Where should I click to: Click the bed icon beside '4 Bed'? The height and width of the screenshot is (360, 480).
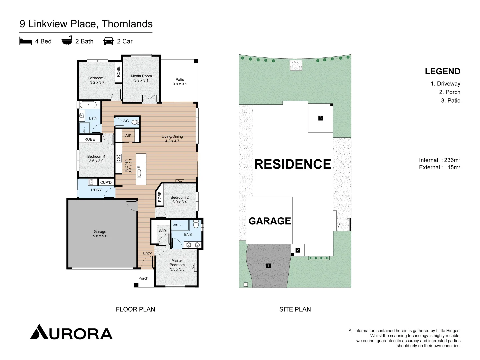coord(26,41)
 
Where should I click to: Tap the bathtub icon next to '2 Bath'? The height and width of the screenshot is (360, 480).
coord(67,41)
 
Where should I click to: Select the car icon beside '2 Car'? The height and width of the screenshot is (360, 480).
coord(109,41)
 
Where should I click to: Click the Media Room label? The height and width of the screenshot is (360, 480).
coord(141,76)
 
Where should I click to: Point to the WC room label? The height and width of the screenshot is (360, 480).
coord(126,121)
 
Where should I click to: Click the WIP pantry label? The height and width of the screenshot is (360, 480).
coord(128,136)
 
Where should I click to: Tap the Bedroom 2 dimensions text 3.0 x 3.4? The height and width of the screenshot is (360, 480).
coord(179,202)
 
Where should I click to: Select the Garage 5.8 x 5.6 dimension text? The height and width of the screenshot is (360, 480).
coord(100,236)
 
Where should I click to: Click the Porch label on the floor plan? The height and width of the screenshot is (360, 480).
coord(143,278)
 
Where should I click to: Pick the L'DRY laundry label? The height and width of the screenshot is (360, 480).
coord(96,190)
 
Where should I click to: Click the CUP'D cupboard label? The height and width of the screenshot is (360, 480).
coord(106,182)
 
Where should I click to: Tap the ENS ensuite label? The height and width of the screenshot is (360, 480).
coord(188,234)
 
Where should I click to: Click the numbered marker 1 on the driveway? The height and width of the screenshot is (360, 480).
coord(269,266)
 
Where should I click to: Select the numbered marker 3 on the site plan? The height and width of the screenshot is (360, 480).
coord(320,118)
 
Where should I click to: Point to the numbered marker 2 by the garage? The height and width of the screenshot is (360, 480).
coord(298,250)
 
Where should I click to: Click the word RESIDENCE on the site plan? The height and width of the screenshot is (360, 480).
coord(293,164)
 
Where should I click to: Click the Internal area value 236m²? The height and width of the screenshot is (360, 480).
coord(452,160)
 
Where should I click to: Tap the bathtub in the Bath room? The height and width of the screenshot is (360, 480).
coord(88,105)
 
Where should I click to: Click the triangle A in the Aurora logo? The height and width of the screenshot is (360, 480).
coord(39,332)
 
